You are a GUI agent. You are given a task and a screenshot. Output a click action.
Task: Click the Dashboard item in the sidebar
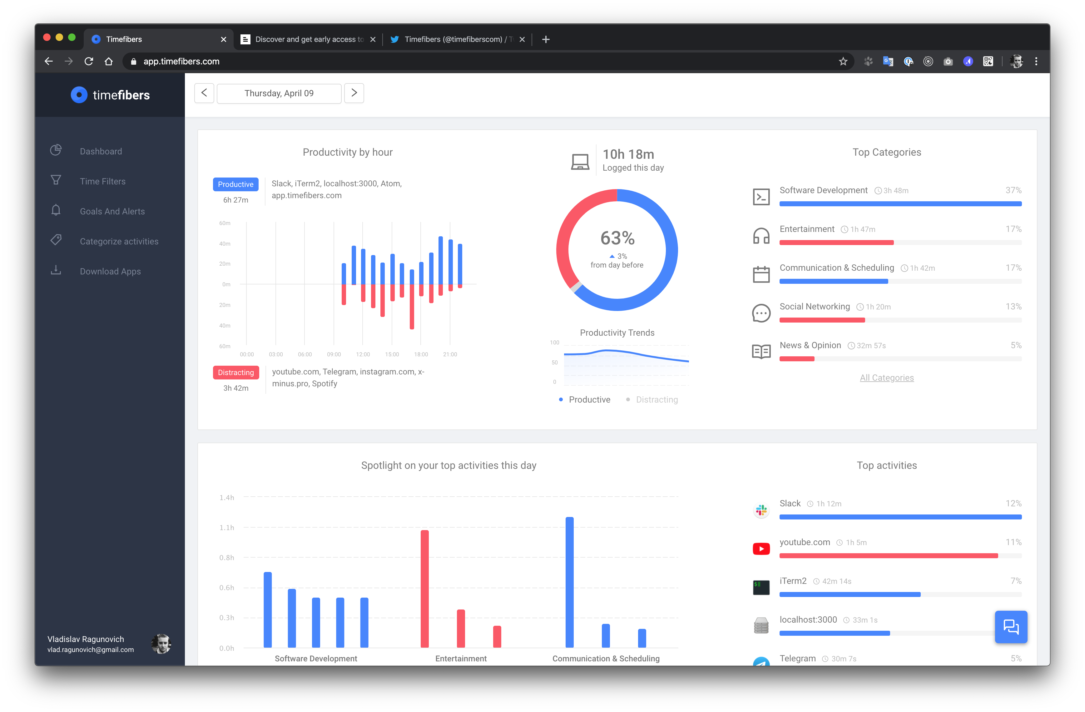(101, 151)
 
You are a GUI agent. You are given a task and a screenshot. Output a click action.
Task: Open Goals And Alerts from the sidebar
(112, 211)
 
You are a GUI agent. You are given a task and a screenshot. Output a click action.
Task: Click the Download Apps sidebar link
(110, 271)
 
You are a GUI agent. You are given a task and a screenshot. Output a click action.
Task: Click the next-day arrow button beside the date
(354, 93)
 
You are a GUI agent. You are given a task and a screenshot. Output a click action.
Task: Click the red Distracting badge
(236, 372)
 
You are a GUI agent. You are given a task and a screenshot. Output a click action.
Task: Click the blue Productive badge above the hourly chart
(236, 184)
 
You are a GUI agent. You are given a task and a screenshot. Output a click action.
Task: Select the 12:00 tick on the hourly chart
(363, 354)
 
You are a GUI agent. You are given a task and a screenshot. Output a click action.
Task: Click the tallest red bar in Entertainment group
(424, 589)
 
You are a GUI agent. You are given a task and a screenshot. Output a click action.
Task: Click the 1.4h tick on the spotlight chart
(226, 497)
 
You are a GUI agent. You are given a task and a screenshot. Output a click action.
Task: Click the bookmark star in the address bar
(843, 61)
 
